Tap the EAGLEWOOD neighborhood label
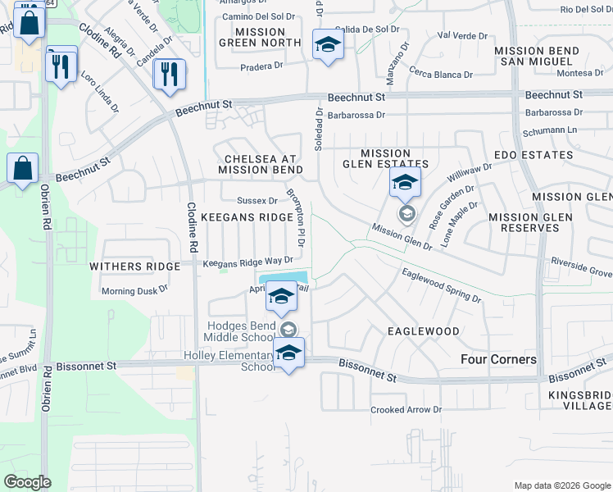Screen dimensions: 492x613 click(423, 330)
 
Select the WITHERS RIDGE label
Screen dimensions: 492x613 click(134, 266)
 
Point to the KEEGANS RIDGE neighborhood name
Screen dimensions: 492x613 click(247, 217)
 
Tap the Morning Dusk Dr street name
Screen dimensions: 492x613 click(134, 289)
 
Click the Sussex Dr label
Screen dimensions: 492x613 click(257, 200)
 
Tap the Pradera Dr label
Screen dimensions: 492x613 click(261, 66)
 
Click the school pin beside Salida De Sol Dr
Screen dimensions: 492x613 click(328, 45)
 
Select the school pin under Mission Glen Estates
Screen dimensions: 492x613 click(405, 184)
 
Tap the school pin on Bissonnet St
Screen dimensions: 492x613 click(288, 354)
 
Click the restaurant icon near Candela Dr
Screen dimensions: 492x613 click(170, 74)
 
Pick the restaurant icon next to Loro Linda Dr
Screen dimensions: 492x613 click(61, 65)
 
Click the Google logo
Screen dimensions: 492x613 click(27, 482)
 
